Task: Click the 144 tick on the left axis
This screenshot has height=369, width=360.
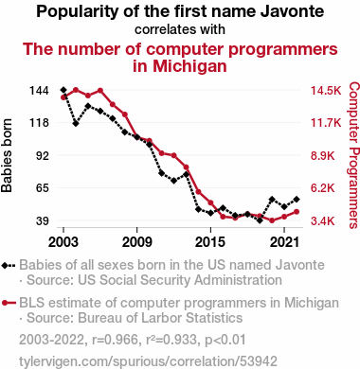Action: pyautogui.click(x=39, y=91)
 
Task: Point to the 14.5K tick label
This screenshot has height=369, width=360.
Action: pyautogui.click(x=326, y=91)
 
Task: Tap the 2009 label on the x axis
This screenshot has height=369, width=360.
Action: pyautogui.click(x=137, y=242)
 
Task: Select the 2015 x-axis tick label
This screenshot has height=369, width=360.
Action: pyautogui.click(x=210, y=242)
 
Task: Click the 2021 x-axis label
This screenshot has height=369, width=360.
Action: pyautogui.click(x=284, y=242)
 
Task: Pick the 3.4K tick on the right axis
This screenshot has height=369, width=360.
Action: pyautogui.click(x=322, y=221)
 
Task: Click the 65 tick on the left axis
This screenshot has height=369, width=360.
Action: pyautogui.click(x=43, y=188)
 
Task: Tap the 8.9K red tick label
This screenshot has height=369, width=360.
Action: pyautogui.click(x=322, y=156)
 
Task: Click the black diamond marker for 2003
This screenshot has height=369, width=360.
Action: pyautogui.click(x=63, y=90)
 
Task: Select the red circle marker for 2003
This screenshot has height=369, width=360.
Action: pyautogui.click(x=63, y=97)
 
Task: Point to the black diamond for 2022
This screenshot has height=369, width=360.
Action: pyautogui.click(x=297, y=200)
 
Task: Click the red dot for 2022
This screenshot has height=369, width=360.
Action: pyautogui.click(x=297, y=212)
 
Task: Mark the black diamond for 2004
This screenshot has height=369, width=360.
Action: pyautogui.click(x=76, y=123)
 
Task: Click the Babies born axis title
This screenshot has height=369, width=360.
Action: pyautogui.click(x=7, y=156)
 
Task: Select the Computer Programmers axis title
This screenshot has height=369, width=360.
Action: pyautogui.click(x=354, y=155)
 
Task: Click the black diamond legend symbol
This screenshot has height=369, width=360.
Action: pyautogui.click(x=9, y=266)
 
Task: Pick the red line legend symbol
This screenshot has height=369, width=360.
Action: pyautogui.click(x=9, y=303)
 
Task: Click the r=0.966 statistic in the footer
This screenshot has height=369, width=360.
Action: pyautogui.click(x=116, y=340)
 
